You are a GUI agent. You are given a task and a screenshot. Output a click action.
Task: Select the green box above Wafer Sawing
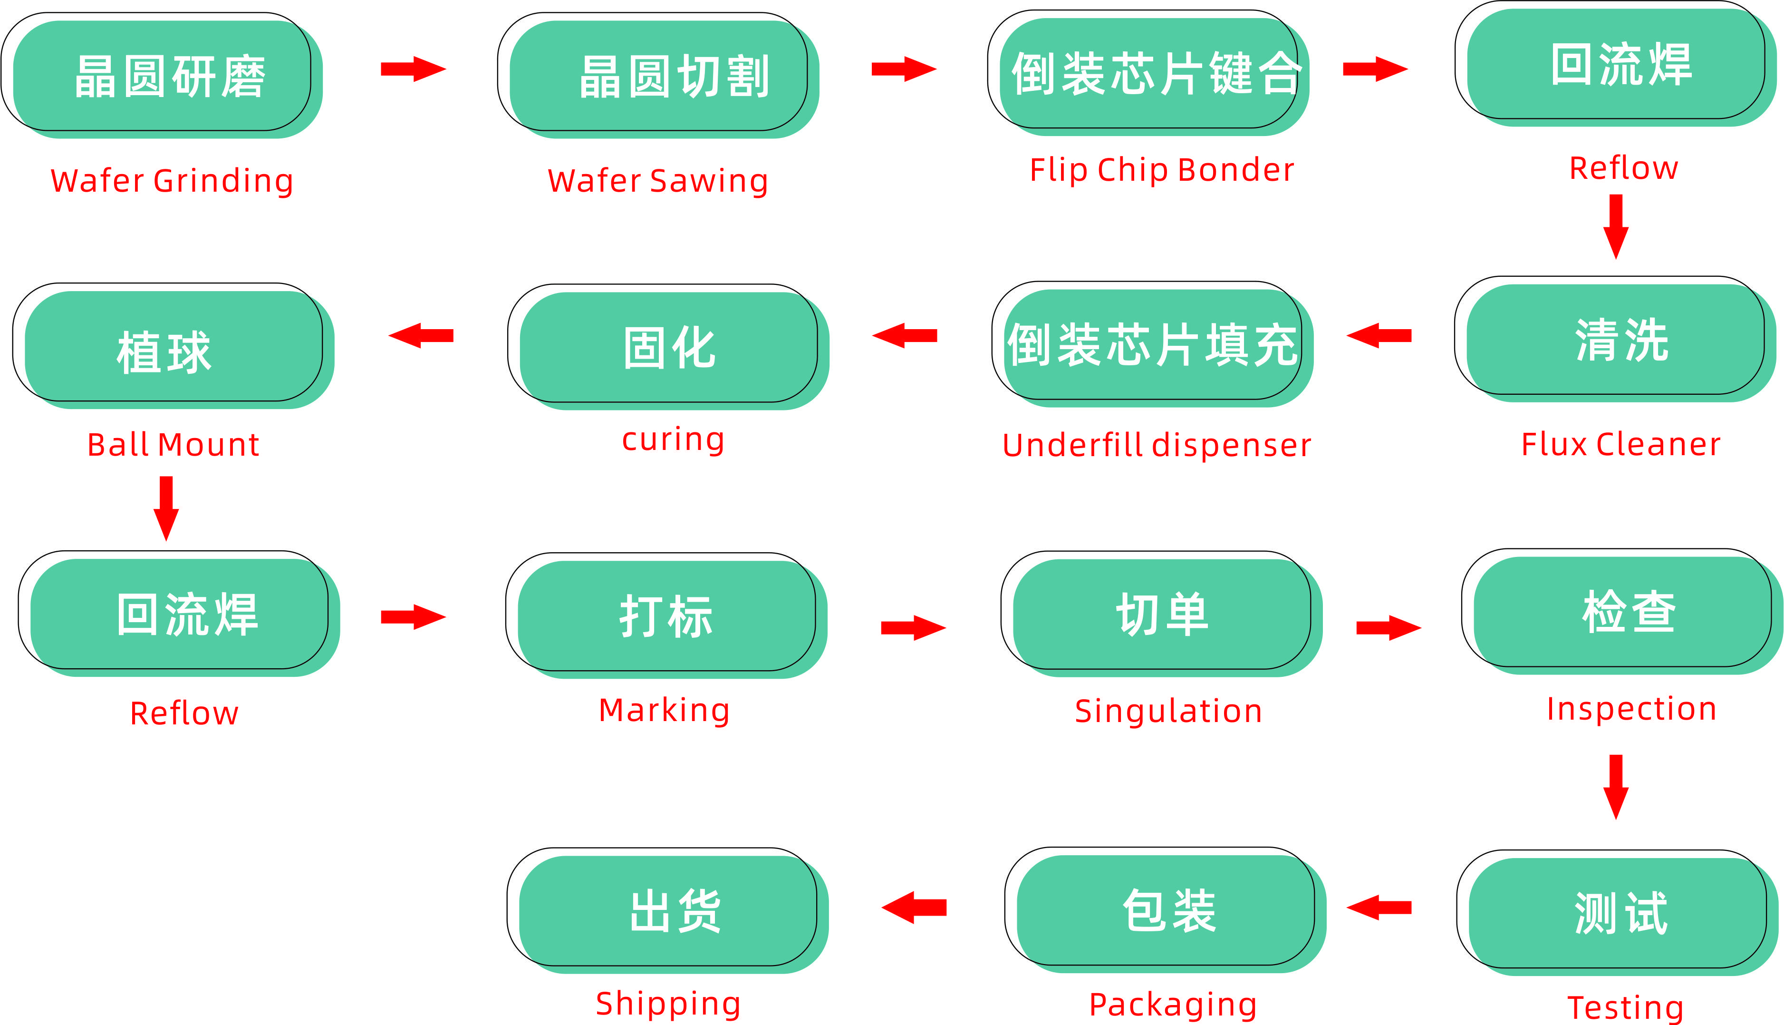tap(664, 76)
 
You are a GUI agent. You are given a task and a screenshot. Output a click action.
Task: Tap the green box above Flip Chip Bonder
tap(1154, 74)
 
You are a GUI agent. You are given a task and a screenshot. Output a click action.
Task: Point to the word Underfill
tap(1073, 446)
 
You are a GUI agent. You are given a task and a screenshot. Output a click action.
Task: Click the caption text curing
tap(673, 440)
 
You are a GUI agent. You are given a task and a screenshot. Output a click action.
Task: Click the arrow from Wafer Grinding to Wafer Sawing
tap(414, 69)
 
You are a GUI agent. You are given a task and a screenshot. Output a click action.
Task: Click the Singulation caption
tap(1168, 712)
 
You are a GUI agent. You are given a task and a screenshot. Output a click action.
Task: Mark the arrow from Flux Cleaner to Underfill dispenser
tap(1379, 335)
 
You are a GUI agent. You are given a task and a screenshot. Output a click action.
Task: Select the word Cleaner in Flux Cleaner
tap(1658, 445)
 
